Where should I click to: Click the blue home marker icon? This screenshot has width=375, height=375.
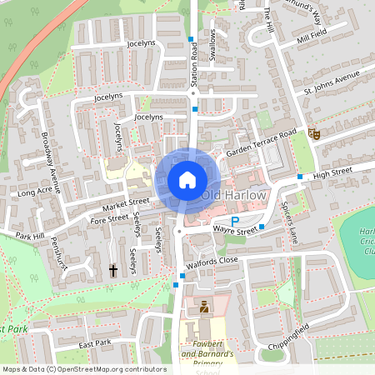[187, 180]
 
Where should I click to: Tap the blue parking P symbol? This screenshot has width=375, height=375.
[222, 220]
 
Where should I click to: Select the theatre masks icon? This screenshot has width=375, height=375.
[313, 133]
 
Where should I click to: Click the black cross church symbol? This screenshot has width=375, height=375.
[113, 271]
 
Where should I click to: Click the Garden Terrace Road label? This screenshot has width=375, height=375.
[261, 142]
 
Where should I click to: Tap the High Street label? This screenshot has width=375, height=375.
[332, 172]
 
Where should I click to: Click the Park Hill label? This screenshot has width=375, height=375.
[28, 236]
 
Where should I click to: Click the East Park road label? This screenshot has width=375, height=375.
[95, 344]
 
